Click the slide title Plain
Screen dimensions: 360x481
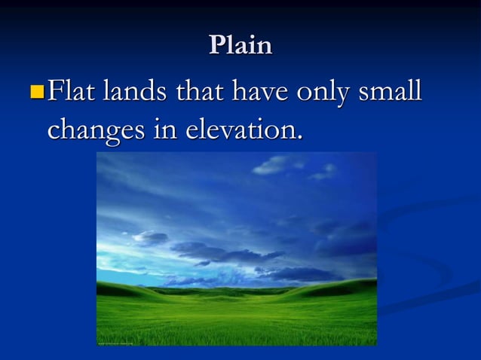click(240, 45)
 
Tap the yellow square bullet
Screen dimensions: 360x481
click(36, 93)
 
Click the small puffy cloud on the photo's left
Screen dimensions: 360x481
click(151, 238)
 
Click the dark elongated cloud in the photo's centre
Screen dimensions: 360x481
click(226, 252)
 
